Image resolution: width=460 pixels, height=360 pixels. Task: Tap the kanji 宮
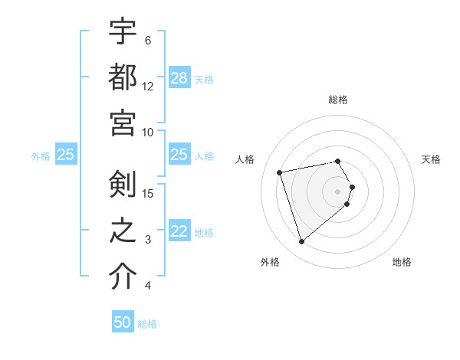pos(123,123)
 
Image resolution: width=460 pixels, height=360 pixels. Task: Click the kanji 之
pos(123,231)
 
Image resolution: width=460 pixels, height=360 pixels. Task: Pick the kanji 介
pos(123,277)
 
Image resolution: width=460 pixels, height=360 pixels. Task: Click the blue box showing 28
pos(179,78)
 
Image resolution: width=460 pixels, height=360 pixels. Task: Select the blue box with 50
pos(123,323)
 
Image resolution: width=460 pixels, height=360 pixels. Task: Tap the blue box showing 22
pos(179,231)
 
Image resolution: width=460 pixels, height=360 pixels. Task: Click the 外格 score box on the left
pos(65,155)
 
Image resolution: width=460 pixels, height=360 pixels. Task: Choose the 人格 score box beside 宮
pos(179,155)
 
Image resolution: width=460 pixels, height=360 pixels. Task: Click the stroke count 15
pos(149,193)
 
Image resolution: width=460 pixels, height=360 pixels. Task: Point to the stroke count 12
pos(149,86)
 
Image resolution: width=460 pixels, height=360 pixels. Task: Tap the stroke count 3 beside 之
pos(148,240)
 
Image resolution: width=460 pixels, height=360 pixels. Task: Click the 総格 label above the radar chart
pos(338,100)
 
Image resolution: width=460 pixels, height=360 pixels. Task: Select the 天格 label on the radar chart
pos(431,159)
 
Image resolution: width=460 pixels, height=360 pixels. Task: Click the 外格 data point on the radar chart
pos(302,242)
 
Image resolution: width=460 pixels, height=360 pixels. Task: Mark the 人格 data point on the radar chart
pos(280,172)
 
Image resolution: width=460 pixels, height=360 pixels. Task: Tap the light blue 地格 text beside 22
pos(204,232)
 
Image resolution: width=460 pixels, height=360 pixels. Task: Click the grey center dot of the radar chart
pos(338,191)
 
